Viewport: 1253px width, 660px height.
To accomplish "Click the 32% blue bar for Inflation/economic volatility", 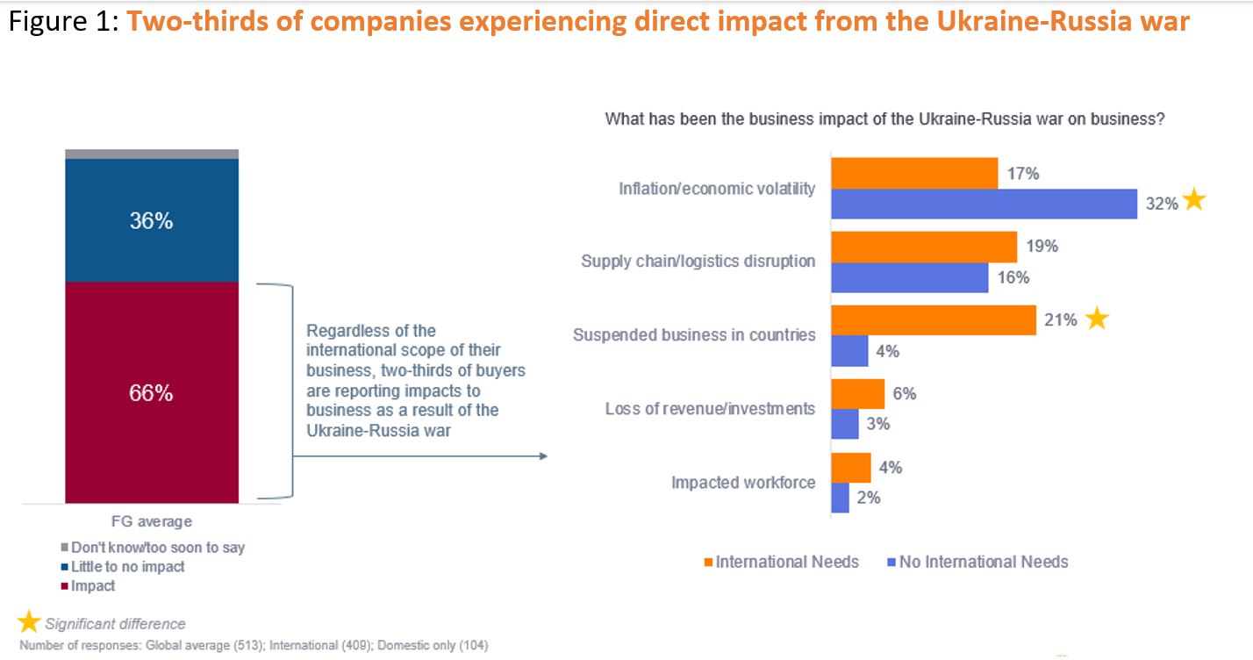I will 984,204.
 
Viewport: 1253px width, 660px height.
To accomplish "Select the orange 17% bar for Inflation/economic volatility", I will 914,174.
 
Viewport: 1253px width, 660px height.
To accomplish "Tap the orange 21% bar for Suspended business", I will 934,320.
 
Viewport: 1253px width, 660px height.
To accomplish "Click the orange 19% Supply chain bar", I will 924,247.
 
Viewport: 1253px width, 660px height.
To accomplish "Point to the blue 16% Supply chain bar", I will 910,278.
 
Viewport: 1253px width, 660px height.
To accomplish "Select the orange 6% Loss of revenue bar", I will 858,394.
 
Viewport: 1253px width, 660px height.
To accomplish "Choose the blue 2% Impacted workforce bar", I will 841,498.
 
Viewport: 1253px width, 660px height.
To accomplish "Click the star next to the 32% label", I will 1194,201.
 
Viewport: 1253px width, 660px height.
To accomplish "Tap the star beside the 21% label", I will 1096,319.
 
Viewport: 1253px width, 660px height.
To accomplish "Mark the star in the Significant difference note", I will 29,623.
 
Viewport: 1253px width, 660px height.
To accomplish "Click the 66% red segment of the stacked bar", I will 151,392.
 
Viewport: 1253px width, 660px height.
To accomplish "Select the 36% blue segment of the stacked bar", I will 151,220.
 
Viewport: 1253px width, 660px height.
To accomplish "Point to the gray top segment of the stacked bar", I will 151,154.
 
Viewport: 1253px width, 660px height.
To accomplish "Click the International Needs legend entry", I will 781,562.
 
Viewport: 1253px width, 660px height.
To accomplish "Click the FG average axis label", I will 152,521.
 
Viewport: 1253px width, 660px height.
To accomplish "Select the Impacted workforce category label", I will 743,483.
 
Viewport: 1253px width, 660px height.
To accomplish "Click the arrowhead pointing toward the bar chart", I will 542,456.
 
